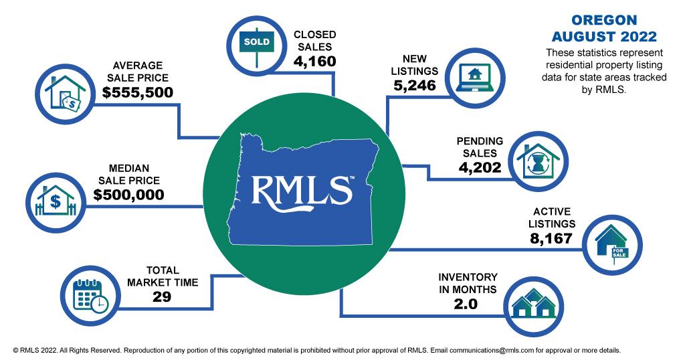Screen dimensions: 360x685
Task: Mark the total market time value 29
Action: pyautogui.click(x=162, y=296)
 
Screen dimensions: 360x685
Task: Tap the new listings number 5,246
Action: pyautogui.click(x=415, y=85)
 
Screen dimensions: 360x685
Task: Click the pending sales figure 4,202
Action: pyautogui.click(x=480, y=167)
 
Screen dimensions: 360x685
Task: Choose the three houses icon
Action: pyautogui.click(x=533, y=304)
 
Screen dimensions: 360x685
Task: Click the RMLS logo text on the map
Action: pyautogui.click(x=301, y=191)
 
